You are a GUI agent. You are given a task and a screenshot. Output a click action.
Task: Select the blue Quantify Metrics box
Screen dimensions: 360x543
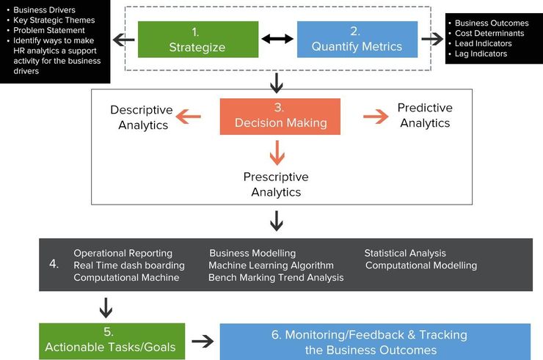(x=357, y=40)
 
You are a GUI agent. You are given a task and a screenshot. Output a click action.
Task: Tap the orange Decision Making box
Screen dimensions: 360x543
(x=280, y=116)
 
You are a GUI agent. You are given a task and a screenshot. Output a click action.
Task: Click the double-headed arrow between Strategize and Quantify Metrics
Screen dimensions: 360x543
(x=277, y=39)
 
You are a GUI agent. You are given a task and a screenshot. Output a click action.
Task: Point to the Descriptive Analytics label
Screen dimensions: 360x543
(x=142, y=117)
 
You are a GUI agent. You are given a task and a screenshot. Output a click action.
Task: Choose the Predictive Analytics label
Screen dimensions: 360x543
(x=425, y=115)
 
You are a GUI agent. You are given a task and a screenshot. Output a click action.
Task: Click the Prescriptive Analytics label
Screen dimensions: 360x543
(x=276, y=185)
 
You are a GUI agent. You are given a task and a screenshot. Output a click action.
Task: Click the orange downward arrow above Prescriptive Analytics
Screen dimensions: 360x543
(x=277, y=152)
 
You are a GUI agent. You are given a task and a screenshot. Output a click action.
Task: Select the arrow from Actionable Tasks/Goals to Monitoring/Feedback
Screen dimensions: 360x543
(x=202, y=341)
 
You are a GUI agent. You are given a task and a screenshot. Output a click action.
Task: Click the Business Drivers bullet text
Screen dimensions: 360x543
(x=44, y=10)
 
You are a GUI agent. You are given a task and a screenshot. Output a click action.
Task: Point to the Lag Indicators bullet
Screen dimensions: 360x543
(x=481, y=54)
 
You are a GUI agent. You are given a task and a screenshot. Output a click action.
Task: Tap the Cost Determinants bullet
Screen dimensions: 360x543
(x=489, y=33)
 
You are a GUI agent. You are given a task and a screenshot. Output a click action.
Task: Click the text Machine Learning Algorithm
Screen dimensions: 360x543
(x=271, y=265)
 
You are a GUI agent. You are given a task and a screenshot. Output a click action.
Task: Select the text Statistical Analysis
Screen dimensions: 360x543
(x=405, y=254)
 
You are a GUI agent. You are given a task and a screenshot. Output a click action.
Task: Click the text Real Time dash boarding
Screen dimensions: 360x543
(x=129, y=265)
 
